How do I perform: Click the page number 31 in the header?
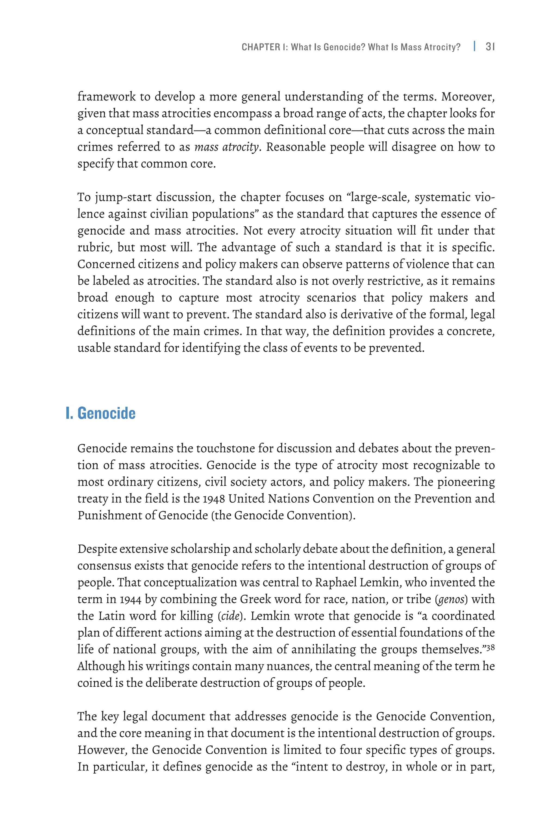[490, 47]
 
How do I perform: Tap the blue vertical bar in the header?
[475, 46]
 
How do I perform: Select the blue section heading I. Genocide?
[101, 413]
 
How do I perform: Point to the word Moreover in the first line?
[468, 96]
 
